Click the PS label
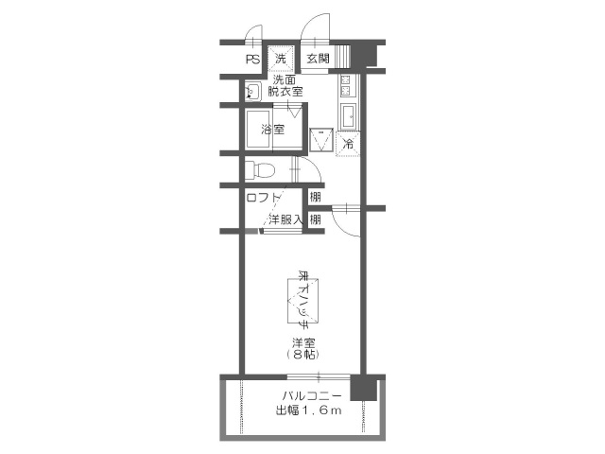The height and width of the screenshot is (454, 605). pos(252,60)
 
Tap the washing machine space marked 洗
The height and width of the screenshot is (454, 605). pos(281,59)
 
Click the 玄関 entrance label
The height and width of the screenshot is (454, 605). pos(318,60)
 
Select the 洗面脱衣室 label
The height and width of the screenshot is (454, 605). pos(284,86)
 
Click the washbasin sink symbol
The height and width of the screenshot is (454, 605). pos(253,92)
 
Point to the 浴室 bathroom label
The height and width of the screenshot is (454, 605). pos(272,130)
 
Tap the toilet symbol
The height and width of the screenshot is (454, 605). pos(257,171)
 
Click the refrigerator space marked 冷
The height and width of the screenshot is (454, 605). pos(347,145)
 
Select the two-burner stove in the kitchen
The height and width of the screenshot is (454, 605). pos(346,88)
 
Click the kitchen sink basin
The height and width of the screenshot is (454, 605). pos(347,116)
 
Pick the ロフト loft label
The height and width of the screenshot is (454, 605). pos(264,198)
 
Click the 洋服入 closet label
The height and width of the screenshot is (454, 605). pos(285,219)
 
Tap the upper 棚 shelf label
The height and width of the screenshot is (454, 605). pos(315,198)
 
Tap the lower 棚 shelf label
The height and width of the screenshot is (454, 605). pos(315,219)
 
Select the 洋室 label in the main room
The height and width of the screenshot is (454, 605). pos(302,341)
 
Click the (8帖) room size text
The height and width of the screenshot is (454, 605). pos(302,354)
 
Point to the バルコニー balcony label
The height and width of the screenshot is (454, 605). pos(309,396)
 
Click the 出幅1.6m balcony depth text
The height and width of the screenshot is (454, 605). pos(308,411)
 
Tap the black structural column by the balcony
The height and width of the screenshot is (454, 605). pos(363,389)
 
